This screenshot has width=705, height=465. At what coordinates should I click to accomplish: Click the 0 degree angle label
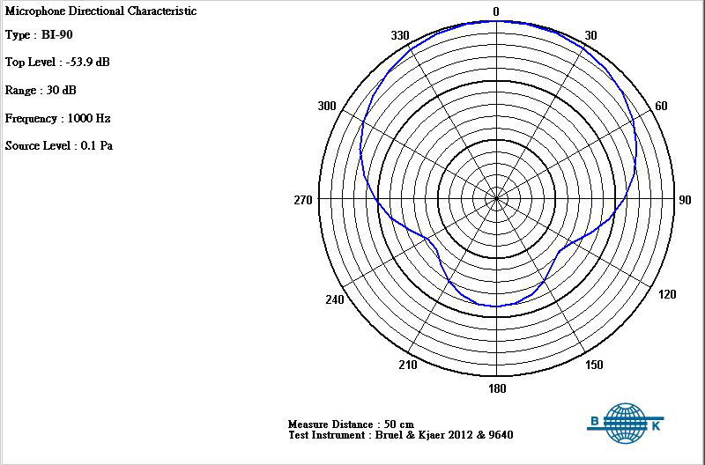point(496,11)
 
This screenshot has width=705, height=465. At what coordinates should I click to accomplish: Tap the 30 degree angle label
point(590,35)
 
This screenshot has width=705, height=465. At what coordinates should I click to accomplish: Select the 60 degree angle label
point(661,106)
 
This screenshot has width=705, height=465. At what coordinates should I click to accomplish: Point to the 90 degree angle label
point(685,200)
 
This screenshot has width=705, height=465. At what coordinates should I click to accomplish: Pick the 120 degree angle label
point(667,294)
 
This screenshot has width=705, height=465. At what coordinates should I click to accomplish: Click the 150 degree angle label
point(594,365)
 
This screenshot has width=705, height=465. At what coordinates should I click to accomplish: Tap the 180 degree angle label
point(497,388)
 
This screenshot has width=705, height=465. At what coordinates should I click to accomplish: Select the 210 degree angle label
point(408,365)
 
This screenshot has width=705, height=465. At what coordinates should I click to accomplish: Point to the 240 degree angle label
point(335,299)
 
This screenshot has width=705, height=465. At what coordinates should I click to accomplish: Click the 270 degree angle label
point(303,200)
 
